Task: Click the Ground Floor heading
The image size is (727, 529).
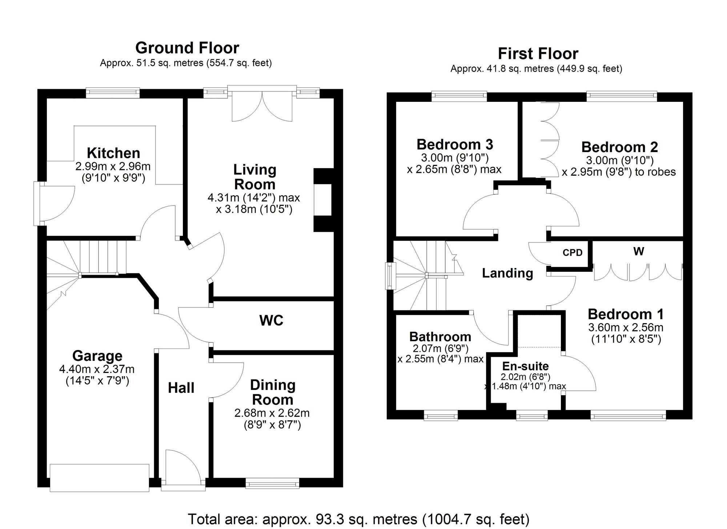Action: coord(187,48)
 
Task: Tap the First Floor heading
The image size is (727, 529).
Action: coord(538,54)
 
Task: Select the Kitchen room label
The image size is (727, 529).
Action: coord(113,153)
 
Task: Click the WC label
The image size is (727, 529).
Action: coord(271,321)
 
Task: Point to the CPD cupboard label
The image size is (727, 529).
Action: coord(572,252)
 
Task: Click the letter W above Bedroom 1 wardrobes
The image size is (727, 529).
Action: coord(638,251)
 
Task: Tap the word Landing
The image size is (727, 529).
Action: coord(507,273)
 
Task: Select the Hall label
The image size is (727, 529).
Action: coord(181,388)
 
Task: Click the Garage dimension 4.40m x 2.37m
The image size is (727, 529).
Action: coord(97,369)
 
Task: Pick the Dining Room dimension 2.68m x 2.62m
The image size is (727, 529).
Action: coord(272,413)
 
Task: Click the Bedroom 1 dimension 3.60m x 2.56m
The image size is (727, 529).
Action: coord(626,327)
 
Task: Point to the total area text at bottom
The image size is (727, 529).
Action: coord(358,519)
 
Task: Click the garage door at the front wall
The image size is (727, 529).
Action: coord(99,477)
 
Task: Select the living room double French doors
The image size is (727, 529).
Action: coord(262,104)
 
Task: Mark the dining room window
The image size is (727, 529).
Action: coord(272,484)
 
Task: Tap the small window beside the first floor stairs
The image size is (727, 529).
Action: coord(390,275)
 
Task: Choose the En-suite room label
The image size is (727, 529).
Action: coord(525,366)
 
